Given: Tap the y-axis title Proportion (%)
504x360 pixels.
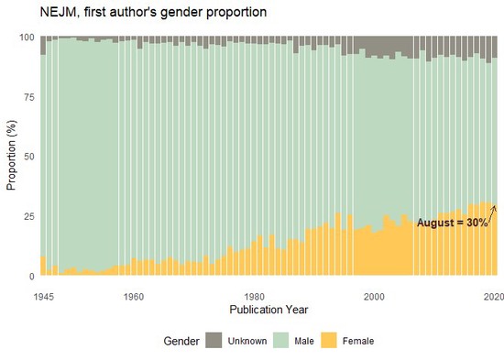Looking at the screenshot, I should point(12,157).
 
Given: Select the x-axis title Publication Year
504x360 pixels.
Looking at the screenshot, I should point(268,311).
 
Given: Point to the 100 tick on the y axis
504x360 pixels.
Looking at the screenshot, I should point(26,38).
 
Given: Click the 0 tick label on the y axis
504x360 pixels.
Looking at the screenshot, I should point(31,276).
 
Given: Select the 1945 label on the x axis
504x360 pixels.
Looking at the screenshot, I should point(43,296).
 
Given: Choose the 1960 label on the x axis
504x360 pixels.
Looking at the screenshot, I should point(133,296).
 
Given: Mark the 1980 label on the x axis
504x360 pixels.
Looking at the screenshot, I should point(254,296).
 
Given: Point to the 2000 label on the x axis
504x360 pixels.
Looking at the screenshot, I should point(374,296).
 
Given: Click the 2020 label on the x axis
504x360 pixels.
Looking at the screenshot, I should point(494,296).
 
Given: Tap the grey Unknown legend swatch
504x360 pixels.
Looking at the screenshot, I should point(213,341).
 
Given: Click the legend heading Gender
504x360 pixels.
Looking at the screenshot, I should point(181,341).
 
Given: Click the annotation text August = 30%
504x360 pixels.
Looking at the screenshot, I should point(453,223).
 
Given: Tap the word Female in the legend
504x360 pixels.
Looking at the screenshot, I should point(357,342).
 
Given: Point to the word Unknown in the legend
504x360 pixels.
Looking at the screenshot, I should point(247,342).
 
